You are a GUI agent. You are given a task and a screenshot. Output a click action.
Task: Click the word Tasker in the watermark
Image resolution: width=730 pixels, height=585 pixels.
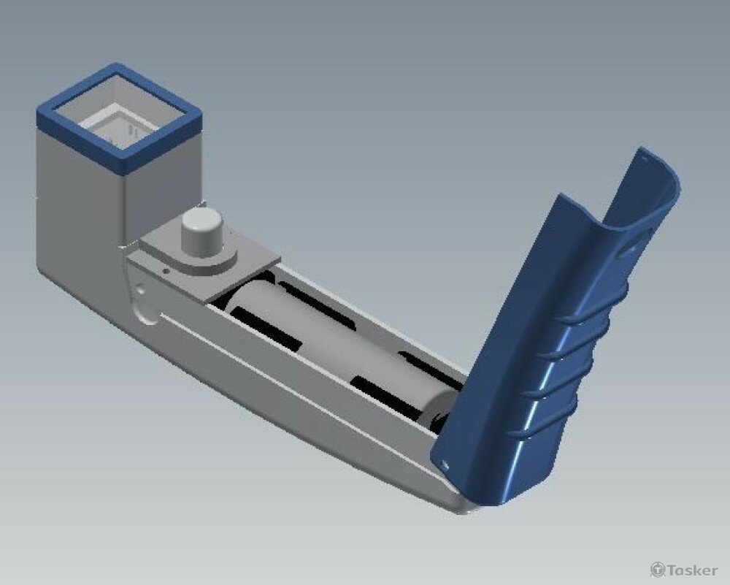[692, 570]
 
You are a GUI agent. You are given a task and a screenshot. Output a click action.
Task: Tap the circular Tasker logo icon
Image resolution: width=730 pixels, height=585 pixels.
[658, 570]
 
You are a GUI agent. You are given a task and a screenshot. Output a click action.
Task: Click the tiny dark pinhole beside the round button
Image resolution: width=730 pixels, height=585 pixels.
[165, 269]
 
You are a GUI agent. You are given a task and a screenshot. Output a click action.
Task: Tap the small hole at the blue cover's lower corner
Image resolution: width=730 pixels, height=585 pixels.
[445, 464]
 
